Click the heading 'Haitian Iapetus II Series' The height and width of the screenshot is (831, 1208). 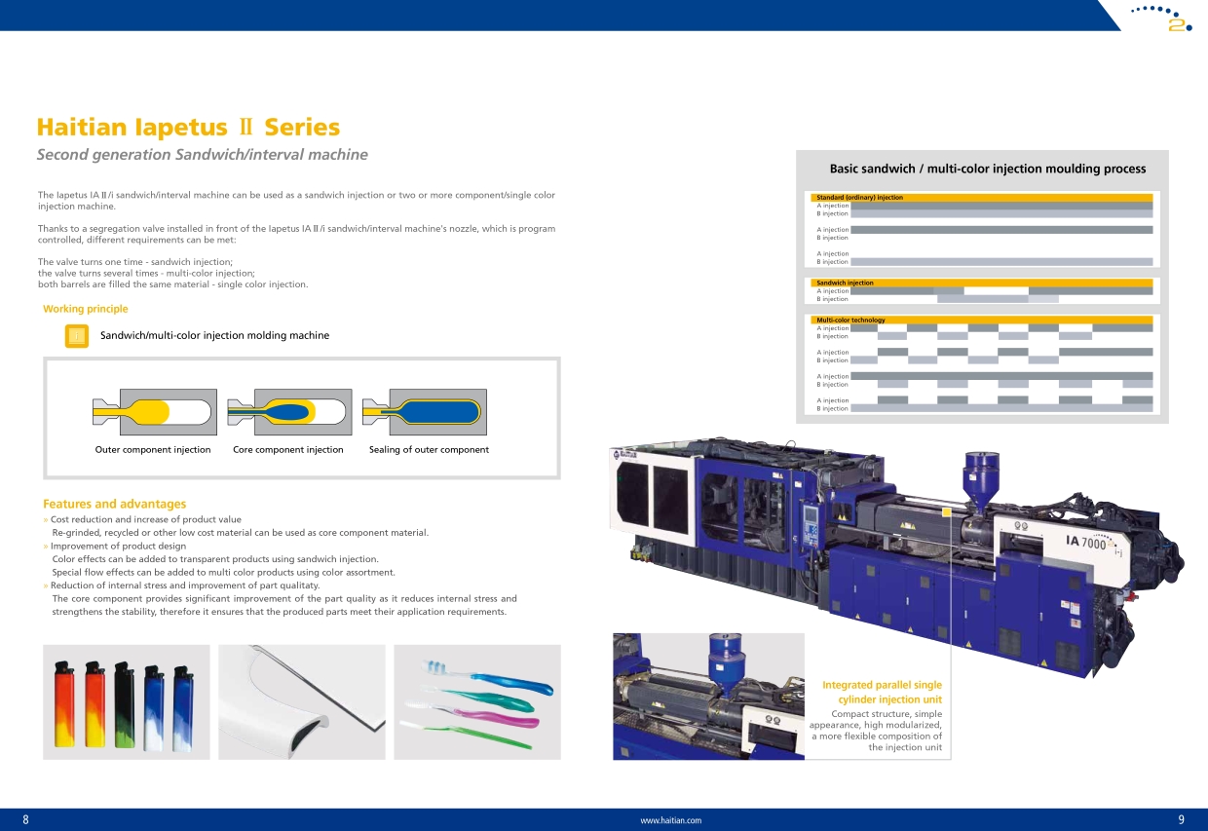(188, 128)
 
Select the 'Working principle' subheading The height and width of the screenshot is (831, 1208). (85, 309)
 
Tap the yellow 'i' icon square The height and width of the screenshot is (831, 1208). (77, 336)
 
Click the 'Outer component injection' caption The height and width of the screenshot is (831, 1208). (153, 450)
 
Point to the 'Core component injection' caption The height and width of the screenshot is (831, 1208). (288, 450)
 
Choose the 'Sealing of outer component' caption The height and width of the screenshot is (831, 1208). (429, 450)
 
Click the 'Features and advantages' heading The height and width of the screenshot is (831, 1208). (114, 504)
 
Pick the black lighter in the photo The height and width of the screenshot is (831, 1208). (125, 704)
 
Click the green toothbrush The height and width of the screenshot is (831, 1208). (467, 735)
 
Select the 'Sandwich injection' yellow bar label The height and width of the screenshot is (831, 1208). (845, 283)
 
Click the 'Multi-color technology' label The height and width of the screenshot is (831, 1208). (850, 320)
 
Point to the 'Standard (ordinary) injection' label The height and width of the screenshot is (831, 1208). (859, 198)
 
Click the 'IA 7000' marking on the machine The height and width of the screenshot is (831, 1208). (1085, 542)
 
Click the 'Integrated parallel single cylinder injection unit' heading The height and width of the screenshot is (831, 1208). (883, 692)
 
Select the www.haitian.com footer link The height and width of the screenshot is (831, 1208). (671, 820)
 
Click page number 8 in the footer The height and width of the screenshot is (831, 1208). (25, 819)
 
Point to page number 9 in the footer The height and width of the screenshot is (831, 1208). (1181, 819)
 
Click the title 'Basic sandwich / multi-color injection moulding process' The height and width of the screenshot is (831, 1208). (988, 169)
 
